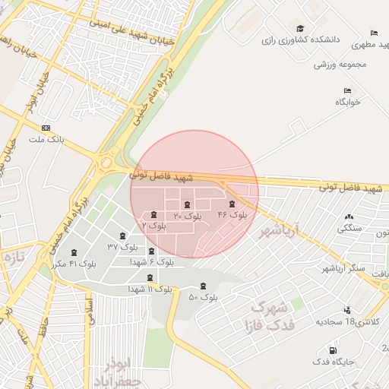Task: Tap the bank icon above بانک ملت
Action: pyautogui.click(x=47, y=128)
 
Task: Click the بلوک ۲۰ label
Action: pyautogui.click(x=188, y=217)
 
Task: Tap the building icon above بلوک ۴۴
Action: pyautogui.click(x=232, y=204)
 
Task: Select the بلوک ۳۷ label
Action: pyautogui.click(x=123, y=247)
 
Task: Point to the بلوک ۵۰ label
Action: pyautogui.click(x=203, y=297)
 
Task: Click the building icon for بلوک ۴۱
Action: pyautogui.click(x=74, y=252)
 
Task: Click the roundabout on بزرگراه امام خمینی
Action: pyautogui.click(x=107, y=162)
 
